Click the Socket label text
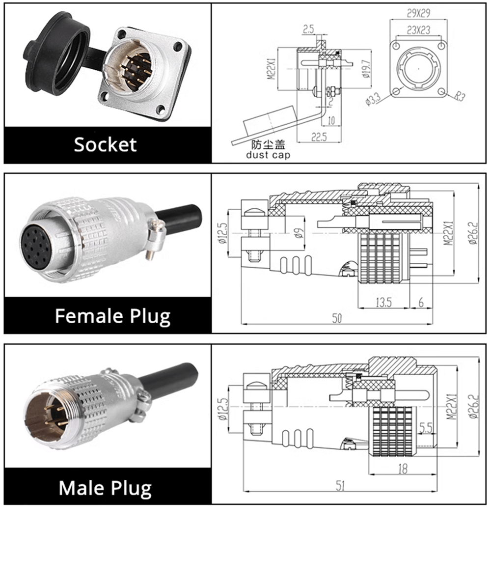coord(106,144)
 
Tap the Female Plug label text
coord(112,316)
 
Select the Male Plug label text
coord(106,488)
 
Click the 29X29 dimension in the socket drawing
coord(418,14)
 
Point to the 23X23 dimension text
coord(418,30)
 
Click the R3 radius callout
coord(460,96)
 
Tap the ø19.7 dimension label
coord(366,69)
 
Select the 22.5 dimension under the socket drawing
coord(319,138)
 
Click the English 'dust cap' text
coord(268,155)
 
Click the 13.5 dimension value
coord(384,303)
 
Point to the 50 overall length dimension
coord(337,318)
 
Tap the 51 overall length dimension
coord(340,486)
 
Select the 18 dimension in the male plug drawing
coord(403,469)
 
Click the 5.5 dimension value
coord(426,428)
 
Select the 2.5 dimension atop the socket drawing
coord(308,29)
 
